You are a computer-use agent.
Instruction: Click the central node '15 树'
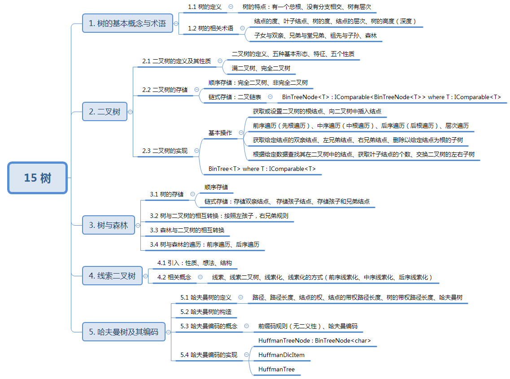(38, 178)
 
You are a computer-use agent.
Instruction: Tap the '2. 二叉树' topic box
(105, 112)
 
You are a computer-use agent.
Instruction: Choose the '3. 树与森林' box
(109, 225)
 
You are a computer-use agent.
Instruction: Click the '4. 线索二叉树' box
(112, 276)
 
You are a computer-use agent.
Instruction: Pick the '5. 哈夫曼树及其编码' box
(123, 332)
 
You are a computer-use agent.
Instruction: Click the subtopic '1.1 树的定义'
(205, 7)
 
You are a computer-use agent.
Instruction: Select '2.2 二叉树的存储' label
(165, 90)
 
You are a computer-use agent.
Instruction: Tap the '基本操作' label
(220, 133)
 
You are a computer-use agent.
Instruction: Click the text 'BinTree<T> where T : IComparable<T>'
(262, 169)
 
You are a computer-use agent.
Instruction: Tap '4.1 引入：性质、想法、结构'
(194, 263)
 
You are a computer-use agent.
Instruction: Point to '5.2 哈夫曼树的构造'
(206, 311)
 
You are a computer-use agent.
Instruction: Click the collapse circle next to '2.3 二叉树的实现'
(196, 151)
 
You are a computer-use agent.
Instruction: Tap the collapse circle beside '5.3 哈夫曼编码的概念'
(246, 326)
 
